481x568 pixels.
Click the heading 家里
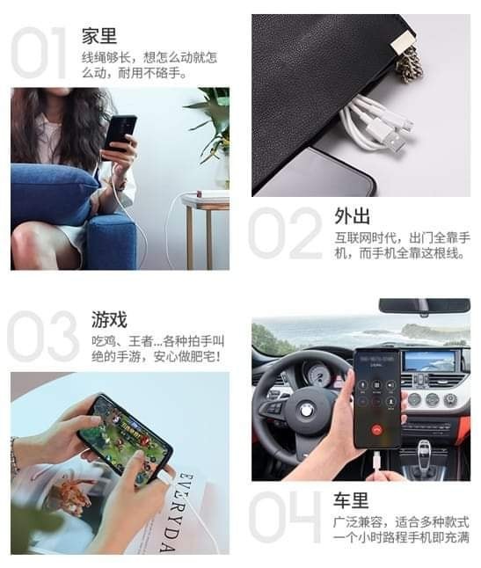pyautogui.click(x=99, y=36)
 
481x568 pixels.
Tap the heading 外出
pyautogui.click(x=352, y=216)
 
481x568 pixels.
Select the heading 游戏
pyautogui.click(x=109, y=319)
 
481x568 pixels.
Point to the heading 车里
pyautogui.click(x=351, y=500)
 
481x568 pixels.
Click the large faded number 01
pyautogui.click(x=39, y=53)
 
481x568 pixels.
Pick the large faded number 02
pyautogui.click(x=286, y=233)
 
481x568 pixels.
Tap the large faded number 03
pyautogui.click(x=43, y=336)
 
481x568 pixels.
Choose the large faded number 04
pyautogui.click(x=285, y=517)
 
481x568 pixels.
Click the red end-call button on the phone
pyautogui.click(x=377, y=430)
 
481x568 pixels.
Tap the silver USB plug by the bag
pyautogui.click(x=393, y=142)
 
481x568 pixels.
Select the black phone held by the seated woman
pyautogui.click(x=120, y=134)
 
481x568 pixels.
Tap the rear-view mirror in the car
pyautogui.click(x=425, y=305)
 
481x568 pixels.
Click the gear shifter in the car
pyautogui.click(x=423, y=456)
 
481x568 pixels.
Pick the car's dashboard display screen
pyautogui.click(x=430, y=360)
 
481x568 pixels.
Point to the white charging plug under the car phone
pyautogui.click(x=376, y=462)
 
